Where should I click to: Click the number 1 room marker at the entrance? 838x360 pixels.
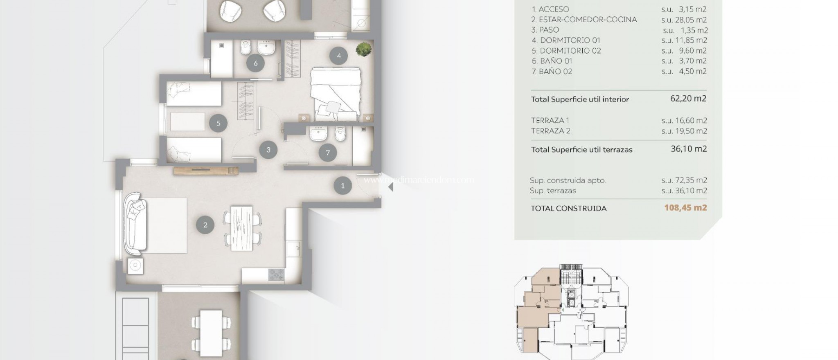[342, 185]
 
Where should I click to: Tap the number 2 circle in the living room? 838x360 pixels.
[205, 225]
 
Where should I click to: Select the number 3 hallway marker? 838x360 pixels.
[268, 150]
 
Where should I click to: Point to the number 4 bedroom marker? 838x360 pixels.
[339, 56]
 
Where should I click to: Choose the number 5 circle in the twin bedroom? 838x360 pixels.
[219, 123]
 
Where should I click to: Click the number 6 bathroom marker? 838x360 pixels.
[256, 63]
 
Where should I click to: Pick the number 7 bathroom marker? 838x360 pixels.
[328, 153]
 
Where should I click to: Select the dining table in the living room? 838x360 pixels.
[242, 228]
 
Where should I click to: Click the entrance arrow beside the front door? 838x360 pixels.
[390, 187]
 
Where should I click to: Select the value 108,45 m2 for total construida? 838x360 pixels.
[685, 207]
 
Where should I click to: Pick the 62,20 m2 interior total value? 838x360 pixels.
[688, 99]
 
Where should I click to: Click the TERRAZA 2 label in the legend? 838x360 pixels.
[550, 131]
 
